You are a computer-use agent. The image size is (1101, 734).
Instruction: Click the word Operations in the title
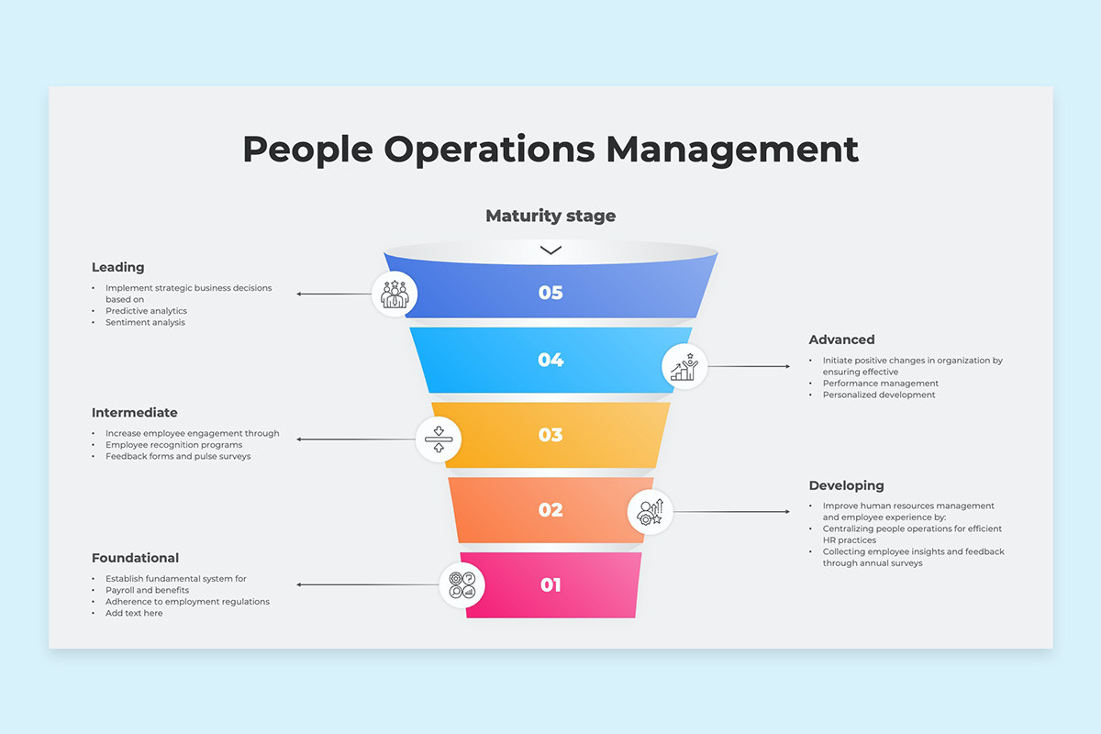coord(489,150)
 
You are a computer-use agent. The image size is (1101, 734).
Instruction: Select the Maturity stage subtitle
coord(550,217)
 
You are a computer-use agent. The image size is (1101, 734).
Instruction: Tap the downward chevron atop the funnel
coord(550,250)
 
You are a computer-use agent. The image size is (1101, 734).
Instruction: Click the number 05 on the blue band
coord(550,293)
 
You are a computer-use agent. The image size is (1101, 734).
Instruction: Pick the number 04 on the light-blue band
coord(550,360)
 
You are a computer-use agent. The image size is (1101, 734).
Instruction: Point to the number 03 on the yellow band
coord(550,435)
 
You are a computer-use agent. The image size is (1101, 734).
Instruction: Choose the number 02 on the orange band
coord(550,510)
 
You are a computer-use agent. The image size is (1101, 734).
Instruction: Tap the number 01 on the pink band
coord(550,584)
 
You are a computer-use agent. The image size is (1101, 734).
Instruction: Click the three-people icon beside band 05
coord(395,294)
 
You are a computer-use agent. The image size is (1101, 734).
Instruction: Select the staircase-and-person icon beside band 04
coord(684,367)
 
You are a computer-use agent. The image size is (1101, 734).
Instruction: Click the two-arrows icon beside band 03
coord(439,439)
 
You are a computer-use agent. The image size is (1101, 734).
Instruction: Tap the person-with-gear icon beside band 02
coord(650,512)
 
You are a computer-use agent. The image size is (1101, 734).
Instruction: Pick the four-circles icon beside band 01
coord(462,585)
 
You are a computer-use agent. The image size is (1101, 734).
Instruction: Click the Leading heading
coord(118,267)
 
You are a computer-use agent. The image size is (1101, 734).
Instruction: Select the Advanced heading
coord(842,339)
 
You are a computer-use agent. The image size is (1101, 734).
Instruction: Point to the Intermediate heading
coord(135,413)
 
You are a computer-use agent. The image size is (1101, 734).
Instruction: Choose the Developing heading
coord(846,485)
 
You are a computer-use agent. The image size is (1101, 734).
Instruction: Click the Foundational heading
coord(135,558)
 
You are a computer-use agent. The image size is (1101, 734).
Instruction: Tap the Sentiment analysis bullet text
coord(145,323)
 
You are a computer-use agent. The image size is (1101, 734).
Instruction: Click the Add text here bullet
coord(134,613)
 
